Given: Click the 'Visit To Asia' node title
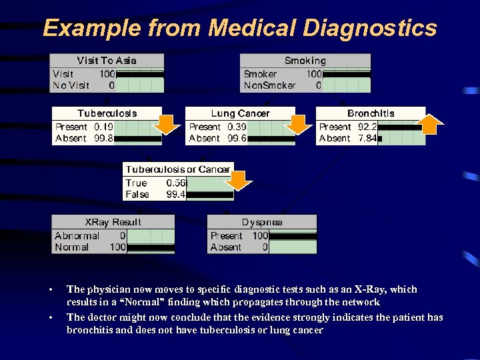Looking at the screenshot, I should [x=107, y=61].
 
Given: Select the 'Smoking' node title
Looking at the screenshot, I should [x=305, y=61].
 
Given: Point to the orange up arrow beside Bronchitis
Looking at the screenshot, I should [x=431, y=123].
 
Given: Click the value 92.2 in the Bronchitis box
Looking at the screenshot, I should [x=367, y=127].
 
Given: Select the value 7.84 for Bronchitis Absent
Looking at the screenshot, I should [x=367, y=139].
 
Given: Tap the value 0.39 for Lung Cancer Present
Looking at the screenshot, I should [x=237, y=127].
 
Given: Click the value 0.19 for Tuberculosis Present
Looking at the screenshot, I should [x=103, y=127].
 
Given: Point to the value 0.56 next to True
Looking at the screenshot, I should [x=177, y=183].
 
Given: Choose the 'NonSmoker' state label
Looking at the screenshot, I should [x=269, y=85].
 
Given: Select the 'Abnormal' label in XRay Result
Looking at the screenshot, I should [x=77, y=235].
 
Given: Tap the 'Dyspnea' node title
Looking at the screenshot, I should [x=262, y=222].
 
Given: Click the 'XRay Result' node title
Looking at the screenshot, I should [x=113, y=222].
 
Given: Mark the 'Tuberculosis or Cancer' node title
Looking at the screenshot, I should [x=178, y=169].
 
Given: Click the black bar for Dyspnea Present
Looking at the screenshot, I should [x=293, y=236].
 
